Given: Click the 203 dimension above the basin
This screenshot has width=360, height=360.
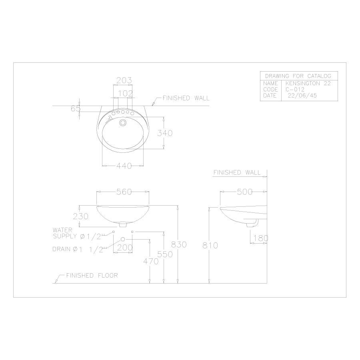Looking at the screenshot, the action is (x=124, y=80).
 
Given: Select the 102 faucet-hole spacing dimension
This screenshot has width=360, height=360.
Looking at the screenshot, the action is (x=126, y=94).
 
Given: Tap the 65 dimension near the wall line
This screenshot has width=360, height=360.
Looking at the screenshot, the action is (x=76, y=108).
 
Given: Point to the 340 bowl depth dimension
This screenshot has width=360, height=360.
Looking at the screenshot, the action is (x=165, y=133).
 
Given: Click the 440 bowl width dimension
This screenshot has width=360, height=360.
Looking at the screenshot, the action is (x=124, y=166).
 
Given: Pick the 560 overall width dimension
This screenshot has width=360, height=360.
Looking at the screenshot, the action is (x=124, y=192).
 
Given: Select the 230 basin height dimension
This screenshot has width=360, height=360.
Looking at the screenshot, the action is (x=80, y=216).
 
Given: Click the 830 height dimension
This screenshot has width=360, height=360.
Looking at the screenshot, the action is (x=179, y=245).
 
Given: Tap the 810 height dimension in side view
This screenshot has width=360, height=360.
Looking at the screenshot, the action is (x=210, y=246).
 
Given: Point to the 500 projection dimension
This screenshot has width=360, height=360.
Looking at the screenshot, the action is (x=245, y=192).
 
